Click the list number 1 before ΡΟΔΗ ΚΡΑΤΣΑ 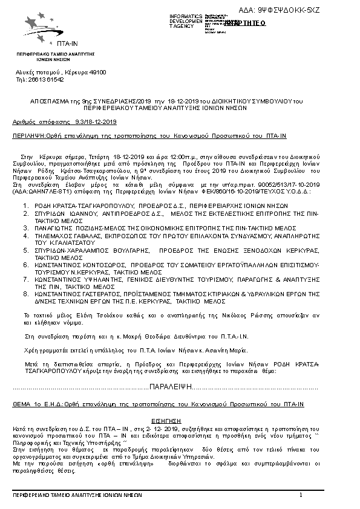coord(25,206)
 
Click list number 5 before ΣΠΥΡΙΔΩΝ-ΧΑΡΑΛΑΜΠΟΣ coord(25,250)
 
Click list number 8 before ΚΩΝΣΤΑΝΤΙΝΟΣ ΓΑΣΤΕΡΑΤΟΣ coord(25,294)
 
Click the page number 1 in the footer coord(300,495)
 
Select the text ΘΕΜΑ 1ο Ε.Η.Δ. coord(34,403)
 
